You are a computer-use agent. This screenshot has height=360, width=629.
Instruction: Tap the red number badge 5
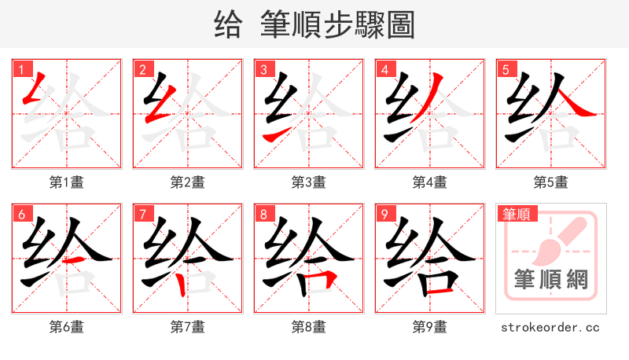[x=506, y=69]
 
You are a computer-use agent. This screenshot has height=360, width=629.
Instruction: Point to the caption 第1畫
[x=67, y=182]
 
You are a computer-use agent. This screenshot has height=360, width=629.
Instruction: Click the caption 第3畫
[x=309, y=182]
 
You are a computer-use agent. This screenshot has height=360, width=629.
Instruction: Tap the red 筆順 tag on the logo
[x=516, y=213]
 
